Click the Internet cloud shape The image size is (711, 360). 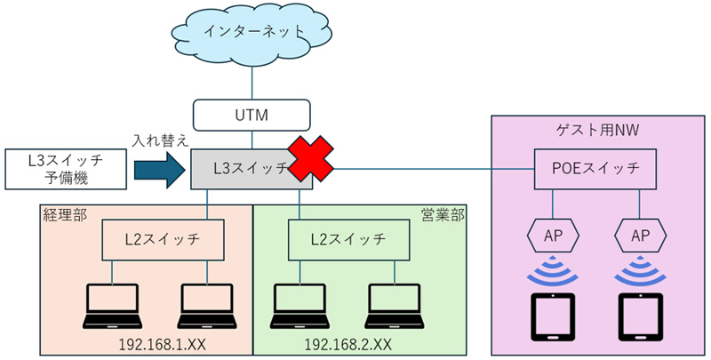(252, 33)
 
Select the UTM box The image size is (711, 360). (252, 115)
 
